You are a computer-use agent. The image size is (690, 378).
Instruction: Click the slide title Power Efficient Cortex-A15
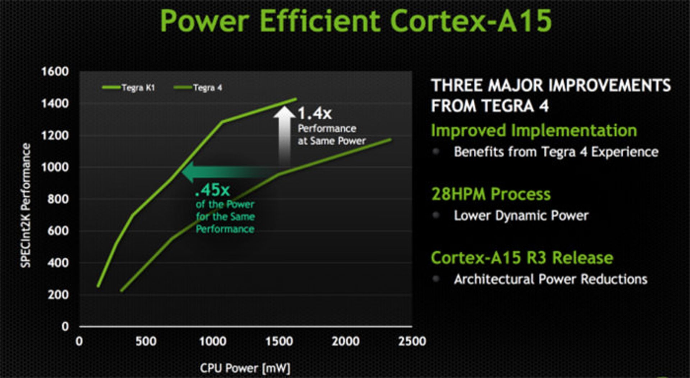[x=355, y=21]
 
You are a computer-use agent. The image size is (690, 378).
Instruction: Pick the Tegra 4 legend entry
[x=198, y=88]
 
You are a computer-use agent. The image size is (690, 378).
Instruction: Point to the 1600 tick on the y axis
[x=55, y=71]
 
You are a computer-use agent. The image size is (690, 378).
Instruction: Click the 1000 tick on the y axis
[x=55, y=167]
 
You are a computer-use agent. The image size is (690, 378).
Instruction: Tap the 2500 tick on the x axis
[x=412, y=341]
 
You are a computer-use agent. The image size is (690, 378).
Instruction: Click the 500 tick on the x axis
[x=146, y=341]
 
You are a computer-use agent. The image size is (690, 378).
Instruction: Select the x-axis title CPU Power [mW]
[x=245, y=368]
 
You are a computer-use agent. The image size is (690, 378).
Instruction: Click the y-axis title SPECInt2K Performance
[x=26, y=205]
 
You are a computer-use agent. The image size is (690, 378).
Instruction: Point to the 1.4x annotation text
[x=315, y=113]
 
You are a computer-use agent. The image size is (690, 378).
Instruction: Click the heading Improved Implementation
[x=534, y=130]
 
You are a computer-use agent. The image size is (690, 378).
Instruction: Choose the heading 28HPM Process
[x=491, y=194]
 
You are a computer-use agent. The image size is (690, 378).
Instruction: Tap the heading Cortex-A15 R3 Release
[x=522, y=258]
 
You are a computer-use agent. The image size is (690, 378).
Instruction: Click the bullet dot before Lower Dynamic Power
[x=436, y=215]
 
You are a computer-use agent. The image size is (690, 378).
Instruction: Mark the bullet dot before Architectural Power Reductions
[x=436, y=279]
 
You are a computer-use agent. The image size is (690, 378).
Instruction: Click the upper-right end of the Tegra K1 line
[x=296, y=99]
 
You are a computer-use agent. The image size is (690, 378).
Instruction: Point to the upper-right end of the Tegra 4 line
[x=391, y=139]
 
